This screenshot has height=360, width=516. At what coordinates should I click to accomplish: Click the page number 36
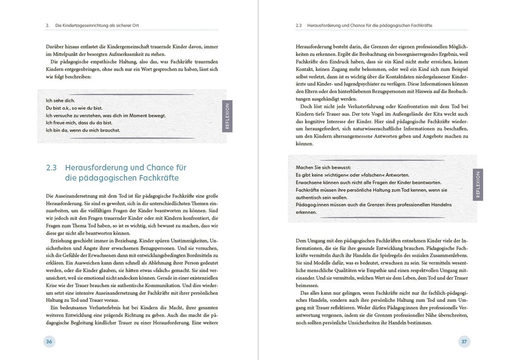49,341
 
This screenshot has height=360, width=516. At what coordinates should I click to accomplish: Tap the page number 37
464,341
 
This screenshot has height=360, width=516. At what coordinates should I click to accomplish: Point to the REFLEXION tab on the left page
227,116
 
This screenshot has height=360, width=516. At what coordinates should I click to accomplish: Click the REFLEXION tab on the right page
478,185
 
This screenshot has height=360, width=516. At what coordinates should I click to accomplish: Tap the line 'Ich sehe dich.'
60,100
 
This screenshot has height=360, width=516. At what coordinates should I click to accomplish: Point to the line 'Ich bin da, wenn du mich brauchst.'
83,130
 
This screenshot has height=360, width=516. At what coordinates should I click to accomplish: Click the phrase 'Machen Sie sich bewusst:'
323,167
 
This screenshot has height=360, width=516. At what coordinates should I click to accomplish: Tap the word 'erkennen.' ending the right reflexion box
307,212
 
